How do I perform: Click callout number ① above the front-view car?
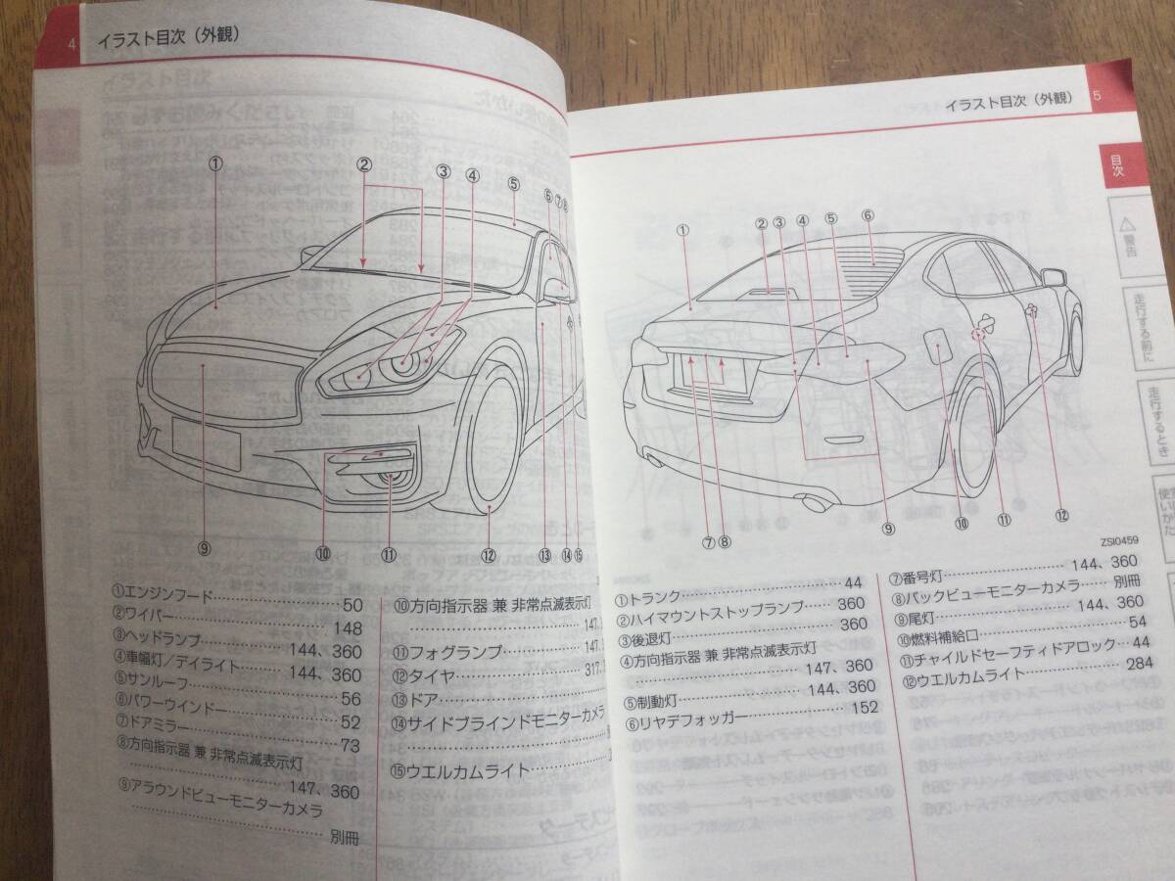[x=215, y=163]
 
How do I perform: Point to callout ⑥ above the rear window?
[x=868, y=215]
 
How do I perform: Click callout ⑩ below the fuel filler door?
[x=962, y=523]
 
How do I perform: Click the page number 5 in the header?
[x=1097, y=97]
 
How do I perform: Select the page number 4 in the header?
[x=71, y=43]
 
